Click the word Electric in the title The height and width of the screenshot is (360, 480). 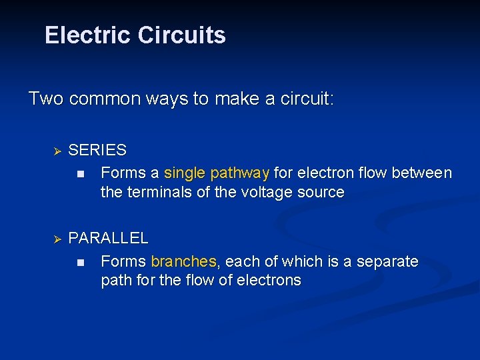coord(87,35)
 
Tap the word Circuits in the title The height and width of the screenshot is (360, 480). coord(181,35)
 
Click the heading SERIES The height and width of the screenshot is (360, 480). coord(97,151)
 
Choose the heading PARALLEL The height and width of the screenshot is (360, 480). coord(109,238)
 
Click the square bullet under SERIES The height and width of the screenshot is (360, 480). coord(80,174)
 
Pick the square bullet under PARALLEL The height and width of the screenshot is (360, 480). coord(80,262)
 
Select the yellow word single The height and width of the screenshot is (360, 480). coord(185,173)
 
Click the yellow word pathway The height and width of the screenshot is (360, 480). coord(239,174)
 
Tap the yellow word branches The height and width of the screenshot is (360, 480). coord(184,261)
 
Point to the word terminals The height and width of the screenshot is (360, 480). coord(158,193)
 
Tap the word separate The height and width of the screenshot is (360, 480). coord(387,261)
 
